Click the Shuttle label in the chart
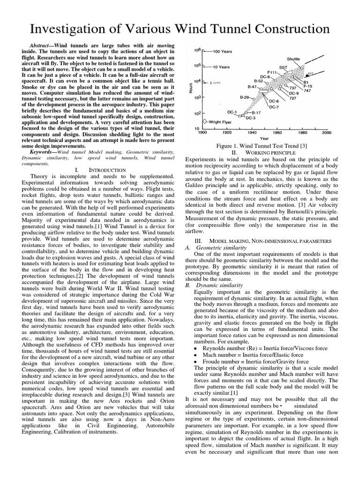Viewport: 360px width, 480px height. [293, 60]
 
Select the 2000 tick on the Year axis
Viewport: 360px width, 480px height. [327, 133]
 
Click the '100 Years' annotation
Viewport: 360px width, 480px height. [223, 51]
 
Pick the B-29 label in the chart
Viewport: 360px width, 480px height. [244, 97]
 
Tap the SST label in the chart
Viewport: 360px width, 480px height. [283, 67]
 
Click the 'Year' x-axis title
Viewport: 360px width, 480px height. [264, 139]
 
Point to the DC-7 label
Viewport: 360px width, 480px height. [274, 106]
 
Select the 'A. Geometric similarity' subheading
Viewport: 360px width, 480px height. [212, 247]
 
